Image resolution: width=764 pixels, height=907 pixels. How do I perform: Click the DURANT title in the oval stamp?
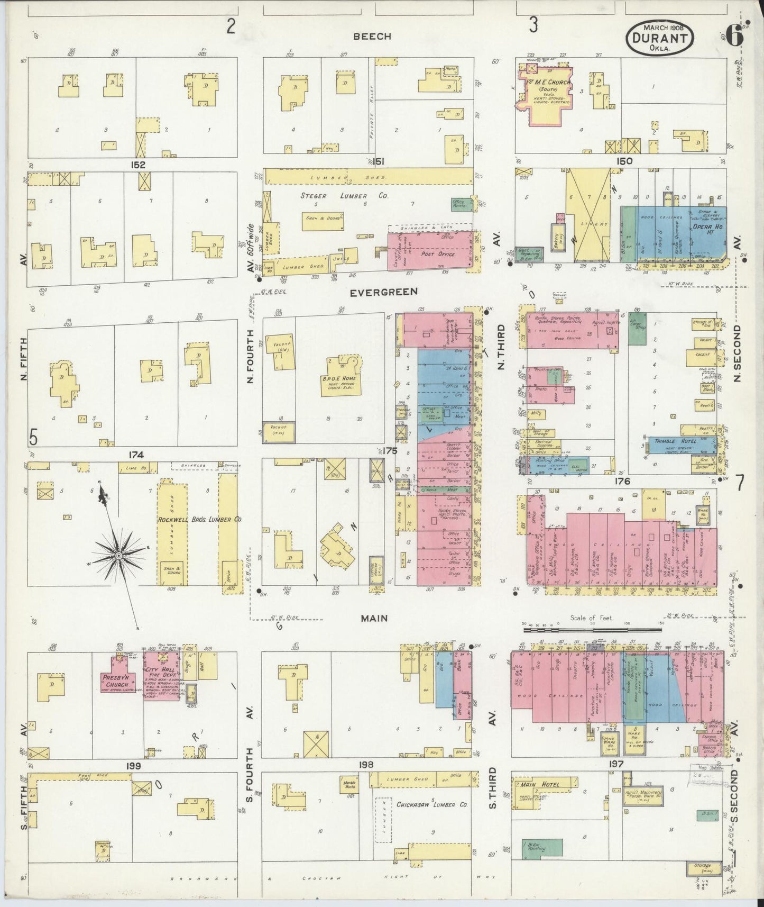pos(660,38)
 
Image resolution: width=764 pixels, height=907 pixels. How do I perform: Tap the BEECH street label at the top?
pos(372,36)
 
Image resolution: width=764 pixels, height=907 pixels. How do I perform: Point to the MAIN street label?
pos(374,618)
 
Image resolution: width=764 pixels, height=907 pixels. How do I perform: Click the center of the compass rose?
pos(118,555)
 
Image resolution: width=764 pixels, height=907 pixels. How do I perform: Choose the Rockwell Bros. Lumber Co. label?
pos(199,520)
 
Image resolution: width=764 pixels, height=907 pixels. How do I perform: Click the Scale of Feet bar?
pos(592,630)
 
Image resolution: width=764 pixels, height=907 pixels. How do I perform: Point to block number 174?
pos(136,455)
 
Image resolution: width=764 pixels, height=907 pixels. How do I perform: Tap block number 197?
pos(615,764)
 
